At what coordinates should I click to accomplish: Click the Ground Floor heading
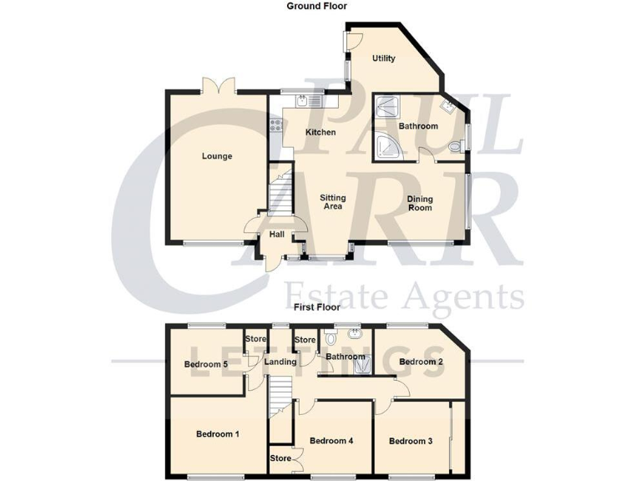tap(316, 6)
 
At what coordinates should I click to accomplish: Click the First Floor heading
tap(316, 307)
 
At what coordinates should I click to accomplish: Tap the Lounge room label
tap(216, 156)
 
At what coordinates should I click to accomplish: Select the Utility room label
tap(383, 58)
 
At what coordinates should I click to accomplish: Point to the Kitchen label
tap(320, 133)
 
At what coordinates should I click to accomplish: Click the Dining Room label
tap(420, 203)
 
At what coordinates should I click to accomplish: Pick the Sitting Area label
tap(333, 202)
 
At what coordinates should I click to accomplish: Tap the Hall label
tap(275, 235)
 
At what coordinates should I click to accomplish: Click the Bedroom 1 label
tap(218, 434)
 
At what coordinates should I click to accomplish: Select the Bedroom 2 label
tap(420, 362)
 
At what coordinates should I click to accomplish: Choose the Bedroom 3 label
tap(410, 441)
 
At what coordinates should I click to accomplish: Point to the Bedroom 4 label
tap(331, 441)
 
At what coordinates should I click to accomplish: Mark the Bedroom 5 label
tap(205, 365)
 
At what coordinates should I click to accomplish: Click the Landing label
tap(280, 362)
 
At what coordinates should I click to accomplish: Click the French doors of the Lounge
tap(220, 85)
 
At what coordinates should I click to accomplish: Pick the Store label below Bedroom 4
tap(280, 458)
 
